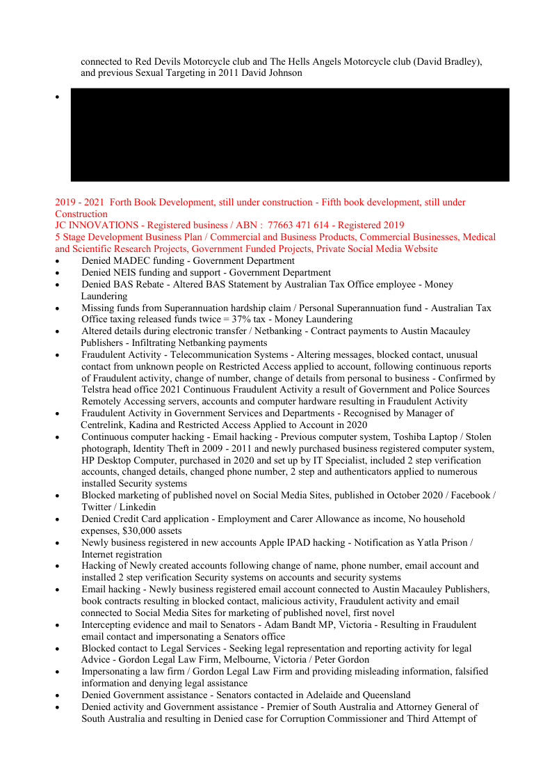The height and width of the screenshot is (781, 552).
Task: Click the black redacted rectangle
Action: [290, 134]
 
